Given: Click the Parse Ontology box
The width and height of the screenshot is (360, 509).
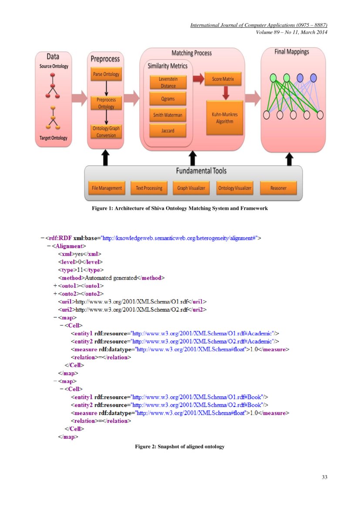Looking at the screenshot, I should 106,74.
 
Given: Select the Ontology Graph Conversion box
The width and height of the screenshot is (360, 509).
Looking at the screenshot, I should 106,131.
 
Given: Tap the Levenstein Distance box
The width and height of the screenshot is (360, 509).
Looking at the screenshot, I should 168,82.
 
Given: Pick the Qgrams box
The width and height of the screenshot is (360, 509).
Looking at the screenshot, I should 168,99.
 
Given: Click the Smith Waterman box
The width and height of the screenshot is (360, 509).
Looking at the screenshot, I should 168,115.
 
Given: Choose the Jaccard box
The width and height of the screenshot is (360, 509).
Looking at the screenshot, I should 168,131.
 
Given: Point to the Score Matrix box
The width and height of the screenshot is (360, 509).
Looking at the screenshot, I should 222,79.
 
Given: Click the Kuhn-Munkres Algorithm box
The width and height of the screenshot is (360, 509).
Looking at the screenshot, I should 225,118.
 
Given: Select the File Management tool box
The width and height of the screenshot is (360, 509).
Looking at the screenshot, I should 107,188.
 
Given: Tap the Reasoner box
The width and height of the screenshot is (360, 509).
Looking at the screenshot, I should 278,188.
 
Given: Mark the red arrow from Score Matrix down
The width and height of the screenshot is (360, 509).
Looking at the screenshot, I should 225,93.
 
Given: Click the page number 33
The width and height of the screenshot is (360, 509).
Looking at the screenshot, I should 324,477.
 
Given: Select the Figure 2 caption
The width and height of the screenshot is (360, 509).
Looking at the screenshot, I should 179,447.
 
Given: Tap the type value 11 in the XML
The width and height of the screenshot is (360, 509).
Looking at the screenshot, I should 80,270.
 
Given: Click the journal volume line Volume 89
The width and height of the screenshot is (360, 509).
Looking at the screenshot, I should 291,32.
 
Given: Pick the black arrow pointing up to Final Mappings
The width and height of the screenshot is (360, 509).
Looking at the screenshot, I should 290,159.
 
